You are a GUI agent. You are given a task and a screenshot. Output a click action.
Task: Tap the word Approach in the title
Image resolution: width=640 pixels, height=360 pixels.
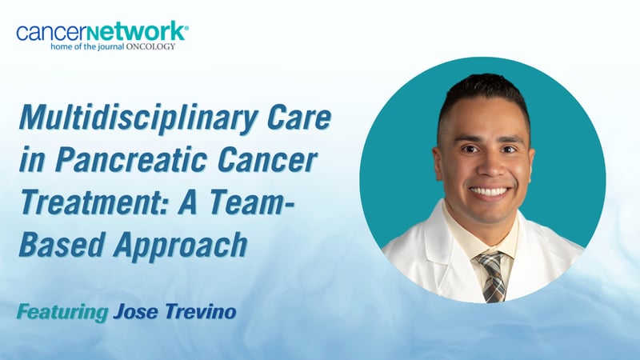(x=176, y=243)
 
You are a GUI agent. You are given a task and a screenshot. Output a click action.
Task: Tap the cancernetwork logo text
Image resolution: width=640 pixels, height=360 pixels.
(x=101, y=33)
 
